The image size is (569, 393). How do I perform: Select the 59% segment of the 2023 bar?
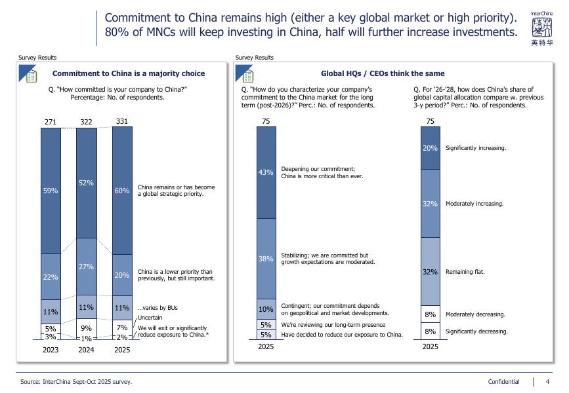click(x=51, y=191)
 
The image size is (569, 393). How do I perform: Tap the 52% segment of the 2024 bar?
click(x=86, y=183)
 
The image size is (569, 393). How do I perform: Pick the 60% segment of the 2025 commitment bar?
click(x=122, y=191)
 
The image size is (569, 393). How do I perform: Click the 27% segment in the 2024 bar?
click(x=86, y=267)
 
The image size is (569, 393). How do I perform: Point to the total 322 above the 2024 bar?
click(x=86, y=122)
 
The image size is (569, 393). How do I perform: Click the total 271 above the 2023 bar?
click(x=51, y=122)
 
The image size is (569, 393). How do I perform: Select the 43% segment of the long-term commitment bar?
click(x=266, y=172)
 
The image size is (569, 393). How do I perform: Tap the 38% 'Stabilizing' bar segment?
click(x=266, y=259)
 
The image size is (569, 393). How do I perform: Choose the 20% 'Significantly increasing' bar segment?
click(x=430, y=148)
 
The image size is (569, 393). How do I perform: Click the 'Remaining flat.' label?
click(x=465, y=271)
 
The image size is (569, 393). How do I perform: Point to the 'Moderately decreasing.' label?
click(x=475, y=314)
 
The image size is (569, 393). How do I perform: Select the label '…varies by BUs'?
click(x=158, y=308)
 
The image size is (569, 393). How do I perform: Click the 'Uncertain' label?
click(x=150, y=318)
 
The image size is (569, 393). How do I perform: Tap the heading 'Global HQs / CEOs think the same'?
click(x=382, y=73)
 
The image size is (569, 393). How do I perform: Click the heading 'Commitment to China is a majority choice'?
click(x=128, y=73)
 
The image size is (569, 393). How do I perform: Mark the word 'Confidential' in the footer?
click(x=503, y=382)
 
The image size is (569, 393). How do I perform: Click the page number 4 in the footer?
click(x=548, y=382)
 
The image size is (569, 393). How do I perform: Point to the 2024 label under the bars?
click(x=86, y=350)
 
